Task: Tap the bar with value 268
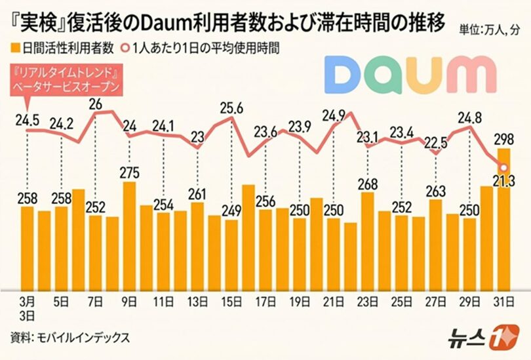click(368, 239)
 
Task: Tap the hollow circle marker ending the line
click(503, 168)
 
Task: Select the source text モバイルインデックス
click(81, 337)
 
